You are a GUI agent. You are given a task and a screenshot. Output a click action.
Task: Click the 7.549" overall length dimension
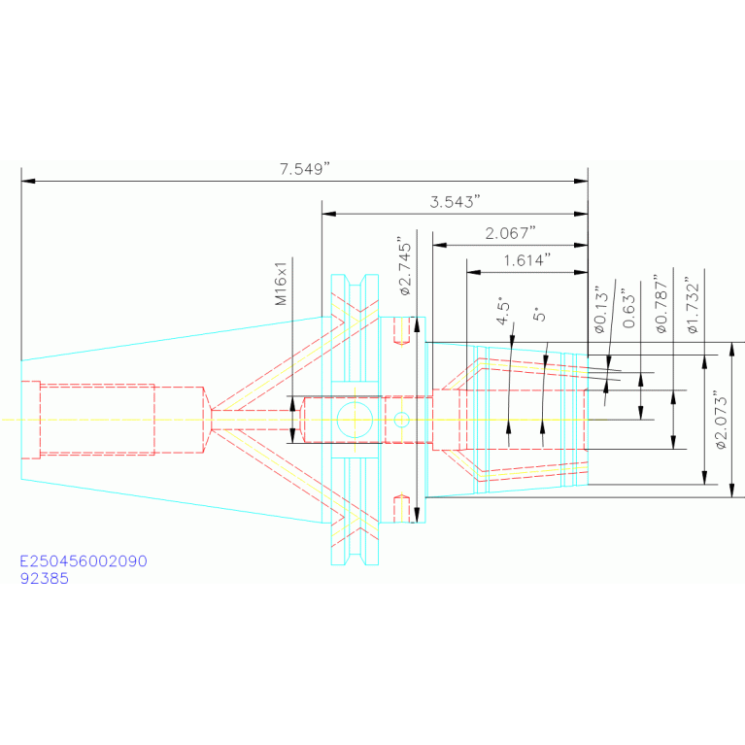(305, 169)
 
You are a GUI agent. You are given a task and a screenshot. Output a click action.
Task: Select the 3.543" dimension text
(456, 202)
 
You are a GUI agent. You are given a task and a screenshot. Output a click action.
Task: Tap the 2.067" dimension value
(510, 233)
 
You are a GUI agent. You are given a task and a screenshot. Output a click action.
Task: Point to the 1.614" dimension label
(527, 260)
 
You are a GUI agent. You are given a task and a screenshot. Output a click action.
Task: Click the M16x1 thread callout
(282, 284)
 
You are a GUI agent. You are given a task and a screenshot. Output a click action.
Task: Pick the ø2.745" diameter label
(405, 267)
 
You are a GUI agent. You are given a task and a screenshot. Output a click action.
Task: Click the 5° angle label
(540, 315)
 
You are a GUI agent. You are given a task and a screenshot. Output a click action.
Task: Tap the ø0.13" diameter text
(601, 310)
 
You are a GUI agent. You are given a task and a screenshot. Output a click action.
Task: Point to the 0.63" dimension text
(629, 308)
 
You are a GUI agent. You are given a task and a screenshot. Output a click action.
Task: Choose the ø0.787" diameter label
(661, 304)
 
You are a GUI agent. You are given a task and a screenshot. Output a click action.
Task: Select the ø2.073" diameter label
(722, 420)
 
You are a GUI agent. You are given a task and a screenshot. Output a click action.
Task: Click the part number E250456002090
(84, 561)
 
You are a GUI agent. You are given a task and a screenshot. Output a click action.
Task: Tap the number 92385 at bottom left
(44, 579)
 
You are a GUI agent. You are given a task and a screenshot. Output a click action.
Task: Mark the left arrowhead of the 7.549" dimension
(27, 181)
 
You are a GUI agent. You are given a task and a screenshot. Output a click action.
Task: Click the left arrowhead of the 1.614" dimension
(473, 272)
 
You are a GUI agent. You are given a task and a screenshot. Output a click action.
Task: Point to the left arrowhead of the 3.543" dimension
(328, 214)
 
